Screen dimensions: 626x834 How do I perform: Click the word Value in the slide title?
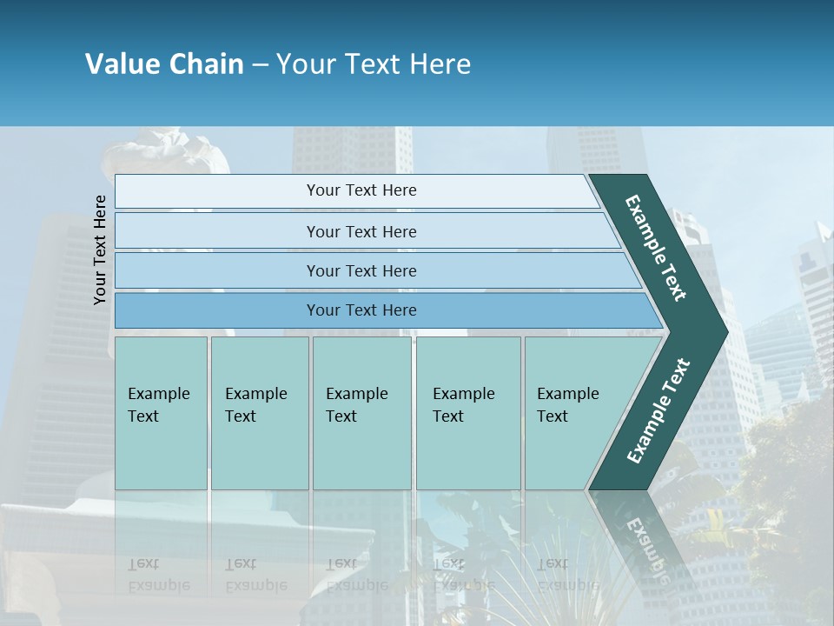(x=122, y=64)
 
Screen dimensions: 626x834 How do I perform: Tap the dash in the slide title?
(x=260, y=65)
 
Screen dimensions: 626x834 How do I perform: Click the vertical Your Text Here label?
(x=100, y=250)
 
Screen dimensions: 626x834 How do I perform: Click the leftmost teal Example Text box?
(x=161, y=413)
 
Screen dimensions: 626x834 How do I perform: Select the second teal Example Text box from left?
(x=259, y=413)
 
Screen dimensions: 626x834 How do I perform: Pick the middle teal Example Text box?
(x=361, y=413)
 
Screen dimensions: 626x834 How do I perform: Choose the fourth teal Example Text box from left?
(x=467, y=413)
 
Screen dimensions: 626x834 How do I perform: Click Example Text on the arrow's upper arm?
(x=656, y=248)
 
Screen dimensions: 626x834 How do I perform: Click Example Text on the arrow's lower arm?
(x=659, y=410)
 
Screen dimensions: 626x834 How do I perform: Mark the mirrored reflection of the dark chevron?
(x=643, y=539)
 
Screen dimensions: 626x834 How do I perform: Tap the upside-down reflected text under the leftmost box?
(x=158, y=574)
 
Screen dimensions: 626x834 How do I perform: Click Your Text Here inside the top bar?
(x=361, y=190)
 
